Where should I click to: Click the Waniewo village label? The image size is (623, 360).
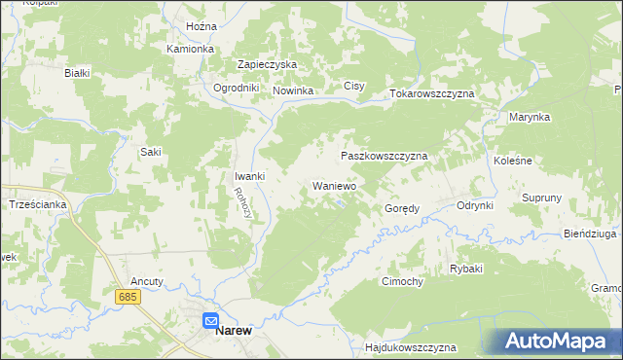click(x=334, y=185)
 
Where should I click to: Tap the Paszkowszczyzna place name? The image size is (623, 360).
click(x=385, y=156)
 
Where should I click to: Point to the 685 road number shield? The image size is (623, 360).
click(x=126, y=295)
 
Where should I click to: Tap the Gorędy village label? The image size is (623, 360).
click(x=402, y=208)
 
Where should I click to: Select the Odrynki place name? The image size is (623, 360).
click(x=476, y=205)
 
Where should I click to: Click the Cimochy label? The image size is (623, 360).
click(x=401, y=281)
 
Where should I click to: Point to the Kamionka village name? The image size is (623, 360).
click(x=190, y=48)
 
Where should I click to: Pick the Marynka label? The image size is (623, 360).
click(x=530, y=117)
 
